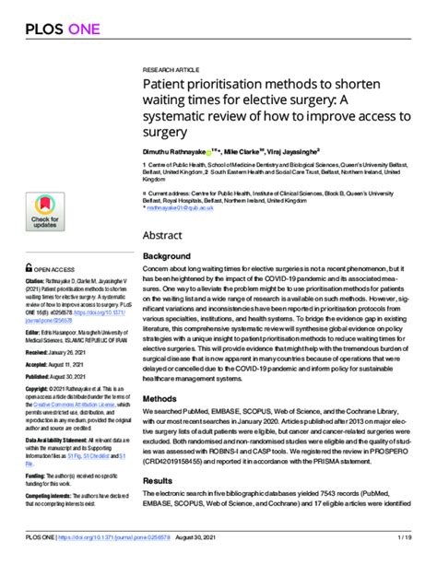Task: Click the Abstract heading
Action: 166,234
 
